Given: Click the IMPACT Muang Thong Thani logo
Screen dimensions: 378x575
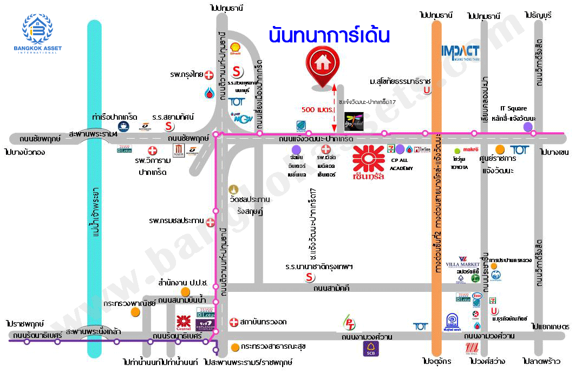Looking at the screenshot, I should (460, 53).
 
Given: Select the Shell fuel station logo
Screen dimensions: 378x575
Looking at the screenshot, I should (236, 49).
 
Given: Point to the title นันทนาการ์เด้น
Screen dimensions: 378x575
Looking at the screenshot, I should (329, 36).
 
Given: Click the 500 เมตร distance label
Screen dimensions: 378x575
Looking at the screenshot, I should (316, 109).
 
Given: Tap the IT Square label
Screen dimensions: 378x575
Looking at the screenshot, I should (513, 108).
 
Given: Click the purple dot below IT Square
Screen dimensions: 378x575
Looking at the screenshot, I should (528, 127).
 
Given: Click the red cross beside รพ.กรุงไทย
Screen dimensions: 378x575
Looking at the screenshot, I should (208, 76).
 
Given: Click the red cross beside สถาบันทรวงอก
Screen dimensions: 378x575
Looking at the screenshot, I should (234, 322).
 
